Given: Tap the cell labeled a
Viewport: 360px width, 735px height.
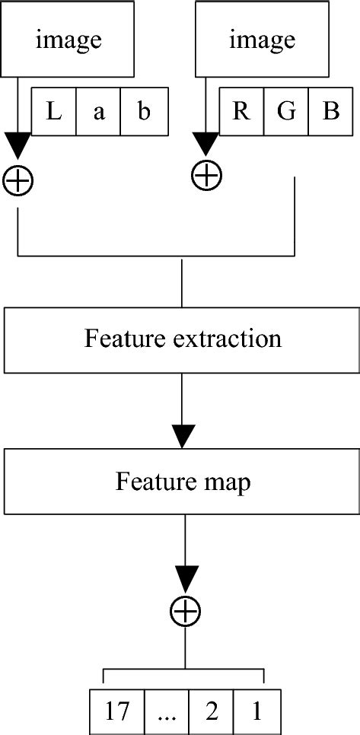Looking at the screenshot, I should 98,113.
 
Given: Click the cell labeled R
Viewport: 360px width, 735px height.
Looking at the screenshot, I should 241,113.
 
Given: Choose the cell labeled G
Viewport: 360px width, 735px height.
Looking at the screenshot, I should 285,113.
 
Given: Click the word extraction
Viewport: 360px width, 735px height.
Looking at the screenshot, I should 229,338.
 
